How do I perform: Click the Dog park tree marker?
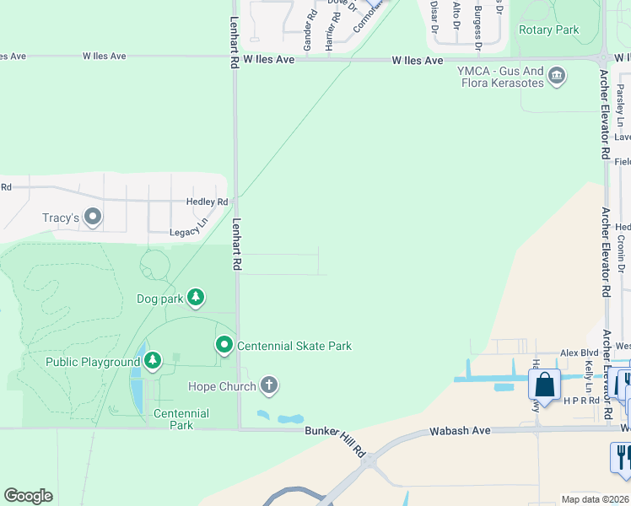coord(196,298)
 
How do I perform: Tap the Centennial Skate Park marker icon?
coord(224,345)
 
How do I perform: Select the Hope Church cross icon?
coord(269,386)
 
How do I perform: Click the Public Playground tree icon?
coord(152,362)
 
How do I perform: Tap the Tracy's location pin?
coord(93,218)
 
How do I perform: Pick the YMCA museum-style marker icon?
coord(557,77)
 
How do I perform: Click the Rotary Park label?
coord(549,30)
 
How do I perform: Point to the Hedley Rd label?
coord(207,202)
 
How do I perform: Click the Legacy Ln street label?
coord(188,230)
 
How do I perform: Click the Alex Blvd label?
coord(580,354)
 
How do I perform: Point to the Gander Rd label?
coord(309,30)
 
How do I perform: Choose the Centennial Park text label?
coord(181,419)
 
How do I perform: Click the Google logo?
coord(29,496)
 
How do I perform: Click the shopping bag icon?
coord(545,385)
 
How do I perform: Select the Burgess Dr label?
coord(477,24)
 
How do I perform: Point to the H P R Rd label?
coord(581,401)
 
